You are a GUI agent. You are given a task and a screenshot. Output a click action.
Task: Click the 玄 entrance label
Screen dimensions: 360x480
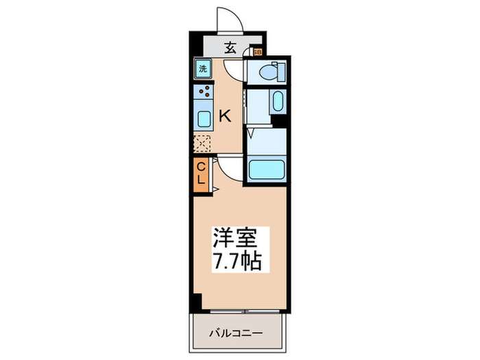click(231, 47)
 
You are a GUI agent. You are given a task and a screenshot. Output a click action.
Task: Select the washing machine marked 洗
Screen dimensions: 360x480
click(203, 68)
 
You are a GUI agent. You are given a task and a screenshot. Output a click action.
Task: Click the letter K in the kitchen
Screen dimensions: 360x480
click(224, 116)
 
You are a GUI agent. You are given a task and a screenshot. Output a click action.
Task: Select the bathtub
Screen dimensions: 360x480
click(265, 169)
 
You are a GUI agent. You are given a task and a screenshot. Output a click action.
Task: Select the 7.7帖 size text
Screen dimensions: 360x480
click(235, 261)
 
